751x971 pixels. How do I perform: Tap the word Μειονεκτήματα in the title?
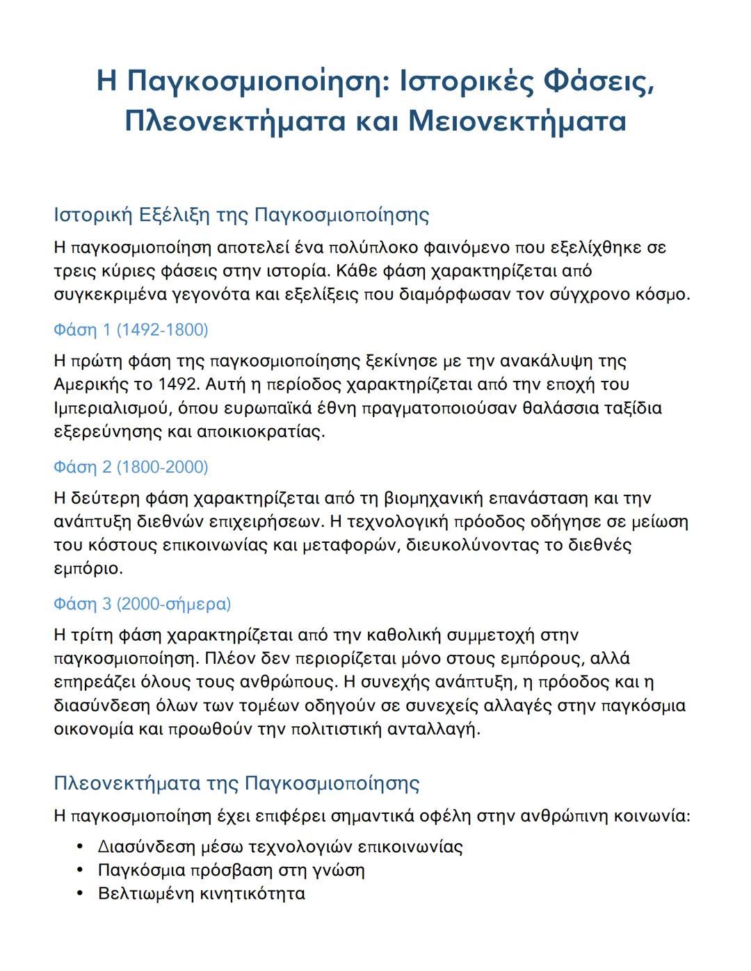[517, 122]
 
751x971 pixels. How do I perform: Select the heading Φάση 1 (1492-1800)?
[131, 329]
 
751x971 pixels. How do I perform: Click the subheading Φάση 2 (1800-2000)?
[131, 467]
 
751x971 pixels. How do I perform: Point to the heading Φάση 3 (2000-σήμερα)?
[142, 604]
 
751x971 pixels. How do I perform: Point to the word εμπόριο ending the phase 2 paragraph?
[88, 569]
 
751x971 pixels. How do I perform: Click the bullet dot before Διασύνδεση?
[81, 847]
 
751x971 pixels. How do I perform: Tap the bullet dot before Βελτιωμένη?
[81, 894]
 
